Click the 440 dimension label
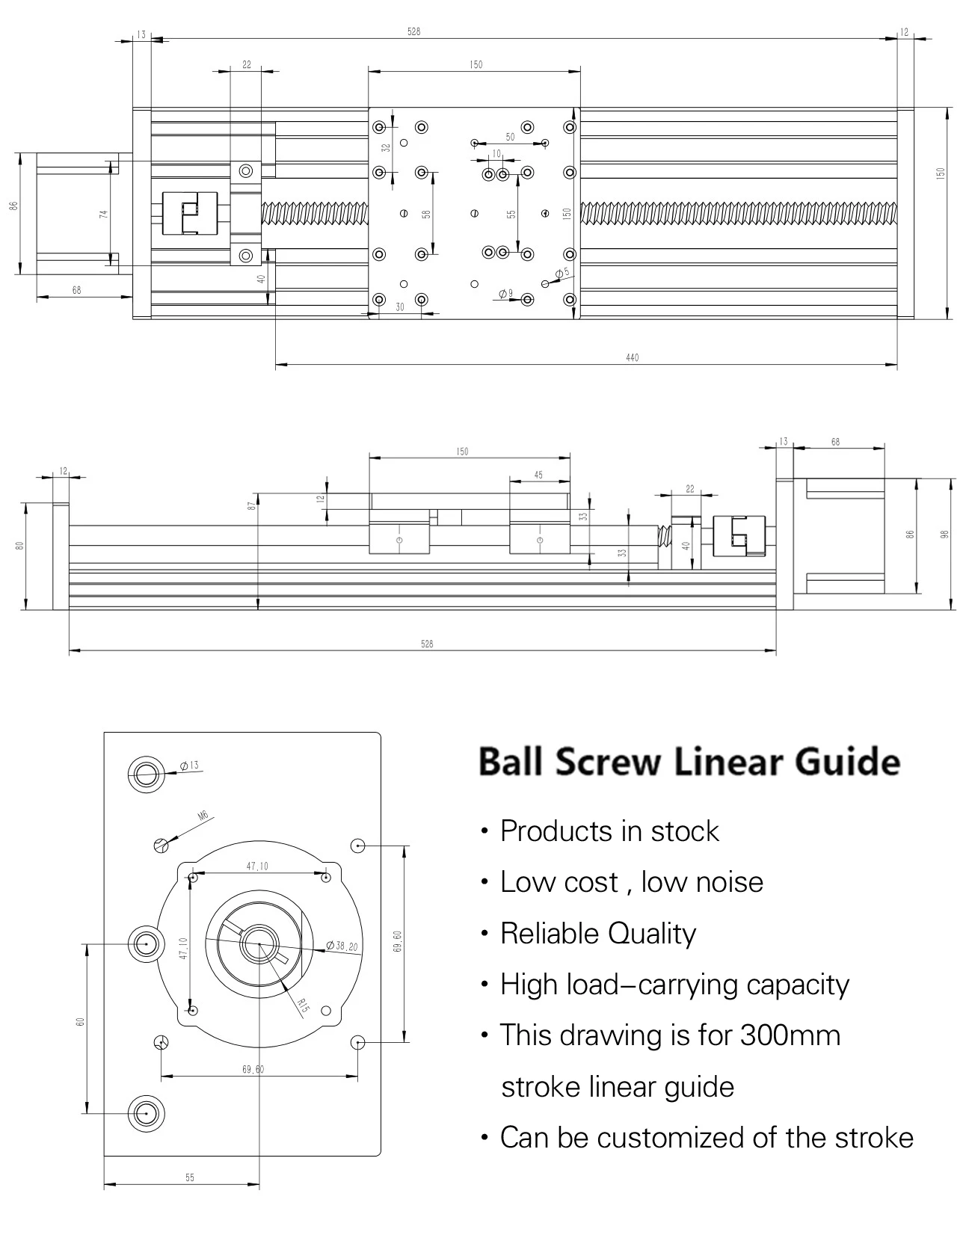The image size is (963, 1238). pos(632,357)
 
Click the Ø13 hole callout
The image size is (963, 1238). pos(189,766)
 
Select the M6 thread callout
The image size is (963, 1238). pos(202,817)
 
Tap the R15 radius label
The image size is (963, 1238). pos(302,1005)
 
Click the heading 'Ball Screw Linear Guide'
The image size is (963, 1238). pos(689,762)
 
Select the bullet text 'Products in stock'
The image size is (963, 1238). pos(609,831)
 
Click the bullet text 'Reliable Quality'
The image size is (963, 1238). pos(597,933)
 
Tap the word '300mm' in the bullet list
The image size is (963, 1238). pos(790,1035)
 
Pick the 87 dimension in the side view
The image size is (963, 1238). pos(253,505)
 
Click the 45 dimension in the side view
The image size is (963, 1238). pos(538,475)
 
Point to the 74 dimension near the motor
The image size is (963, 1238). pos(104,213)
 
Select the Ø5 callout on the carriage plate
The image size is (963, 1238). pos(562,273)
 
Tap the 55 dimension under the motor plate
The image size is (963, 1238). pos(189,1177)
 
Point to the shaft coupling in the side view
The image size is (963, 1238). pos(739,537)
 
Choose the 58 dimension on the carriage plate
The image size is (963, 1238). pos(426,214)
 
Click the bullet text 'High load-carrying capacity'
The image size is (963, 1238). pos(674,985)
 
